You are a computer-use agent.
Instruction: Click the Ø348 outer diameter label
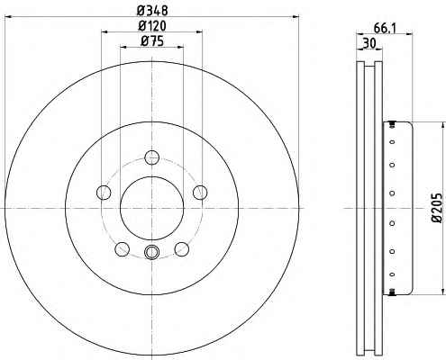tap(152, 11)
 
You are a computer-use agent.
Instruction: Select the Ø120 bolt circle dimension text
tap(152, 26)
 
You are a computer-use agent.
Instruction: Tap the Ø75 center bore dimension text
tap(152, 41)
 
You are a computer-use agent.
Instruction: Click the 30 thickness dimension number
tap(369, 44)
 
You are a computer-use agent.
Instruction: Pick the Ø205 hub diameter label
tap(437, 208)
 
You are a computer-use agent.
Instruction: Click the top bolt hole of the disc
tap(151, 157)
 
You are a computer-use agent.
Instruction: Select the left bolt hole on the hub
tap(104, 192)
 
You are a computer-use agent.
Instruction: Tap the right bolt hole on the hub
tap(200, 192)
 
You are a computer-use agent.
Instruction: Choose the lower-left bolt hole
tap(123, 249)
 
